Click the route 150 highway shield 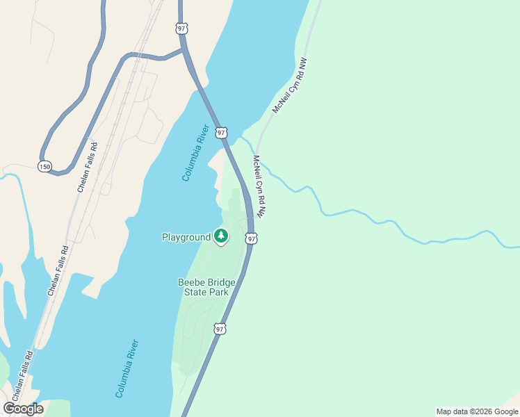(44, 167)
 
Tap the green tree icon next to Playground (221, 237)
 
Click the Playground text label (186, 238)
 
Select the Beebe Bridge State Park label (206, 287)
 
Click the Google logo (24, 409)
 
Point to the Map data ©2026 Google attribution (477, 411)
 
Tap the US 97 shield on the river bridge (221, 132)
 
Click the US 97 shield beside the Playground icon (252, 238)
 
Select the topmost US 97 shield (181, 28)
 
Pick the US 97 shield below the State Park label (220, 329)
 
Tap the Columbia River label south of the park (127, 368)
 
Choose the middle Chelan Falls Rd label (58, 271)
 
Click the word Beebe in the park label (192, 282)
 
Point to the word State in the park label (196, 293)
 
